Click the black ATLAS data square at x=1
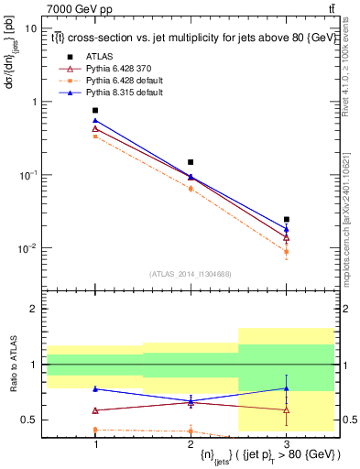[x=95, y=111]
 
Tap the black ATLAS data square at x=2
[x=191, y=162]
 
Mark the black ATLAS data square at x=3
[x=287, y=220]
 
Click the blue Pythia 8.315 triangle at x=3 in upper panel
[x=287, y=229]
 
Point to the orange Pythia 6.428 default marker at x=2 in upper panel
[x=191, y=189]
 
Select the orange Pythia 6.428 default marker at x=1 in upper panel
[x=95, y=136]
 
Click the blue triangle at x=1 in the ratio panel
[x=95, y=388]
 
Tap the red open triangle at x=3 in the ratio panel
[x=287, y=409]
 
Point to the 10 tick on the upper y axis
[x=30, y=28]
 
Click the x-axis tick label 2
[x=191, y=442]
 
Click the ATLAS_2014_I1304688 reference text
[x=191, y=273]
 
